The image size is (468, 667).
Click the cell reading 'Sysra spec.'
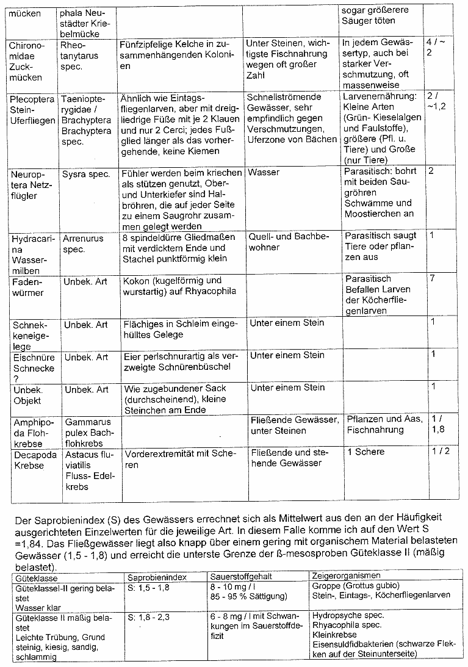tap(86, 174)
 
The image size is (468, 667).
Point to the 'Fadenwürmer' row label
tap(29, 287)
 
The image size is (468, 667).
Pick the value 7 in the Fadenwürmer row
tap(431, 278)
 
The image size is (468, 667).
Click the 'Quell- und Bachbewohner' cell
tap(289, 241)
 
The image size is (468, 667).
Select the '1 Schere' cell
tap(365, 452)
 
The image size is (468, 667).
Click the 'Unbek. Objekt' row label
tap(28, 395)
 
